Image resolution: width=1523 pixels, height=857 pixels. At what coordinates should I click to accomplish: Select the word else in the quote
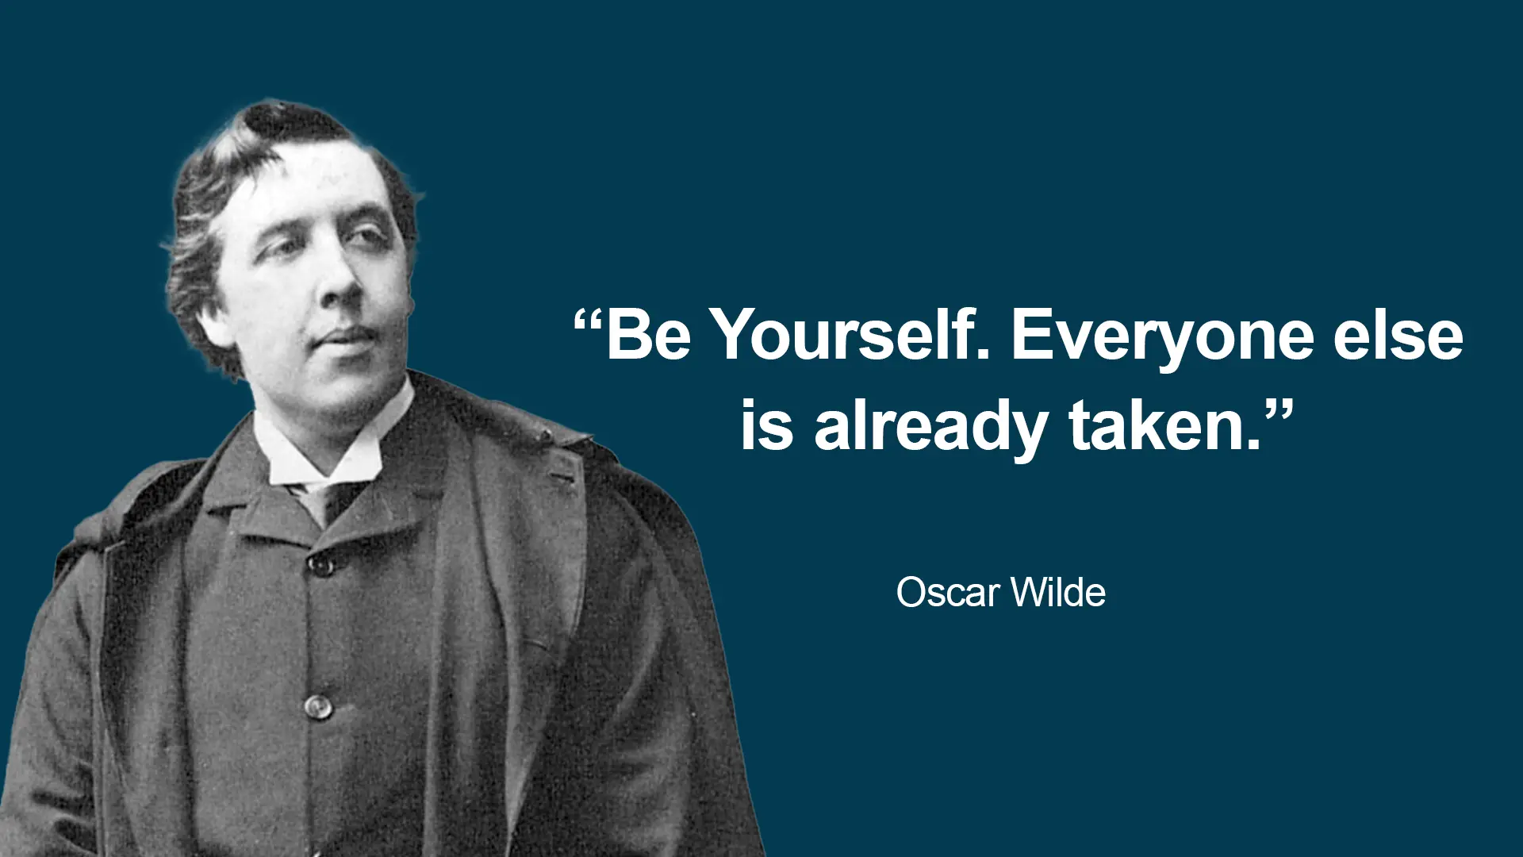[1398, 335]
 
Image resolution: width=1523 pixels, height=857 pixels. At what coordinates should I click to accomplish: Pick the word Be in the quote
[648, 335]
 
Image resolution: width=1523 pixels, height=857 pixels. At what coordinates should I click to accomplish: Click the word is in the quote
[766, 426]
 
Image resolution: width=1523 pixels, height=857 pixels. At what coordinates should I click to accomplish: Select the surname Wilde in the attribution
[1058, 593]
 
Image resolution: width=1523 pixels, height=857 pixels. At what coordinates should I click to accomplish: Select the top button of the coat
[320, 565]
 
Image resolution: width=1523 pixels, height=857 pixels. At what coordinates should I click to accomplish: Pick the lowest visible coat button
[317, 705]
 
